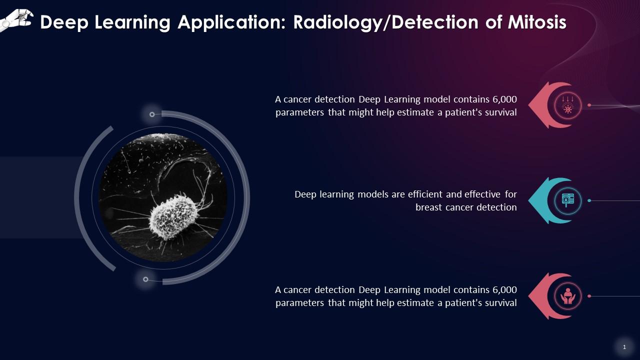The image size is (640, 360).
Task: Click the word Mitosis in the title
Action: pos(537,22)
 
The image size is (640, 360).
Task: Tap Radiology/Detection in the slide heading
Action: pos(385,23)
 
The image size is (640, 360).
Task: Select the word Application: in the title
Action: pos(231,23)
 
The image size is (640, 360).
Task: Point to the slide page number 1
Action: pos(624,347)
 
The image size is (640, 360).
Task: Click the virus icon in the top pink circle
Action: pos(567,105)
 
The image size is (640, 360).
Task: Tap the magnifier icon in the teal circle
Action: pos(567,200)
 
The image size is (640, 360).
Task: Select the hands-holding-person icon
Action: pos(567,296)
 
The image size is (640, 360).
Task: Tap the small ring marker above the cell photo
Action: pos(152,114)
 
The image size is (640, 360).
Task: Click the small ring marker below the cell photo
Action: pos(145,279)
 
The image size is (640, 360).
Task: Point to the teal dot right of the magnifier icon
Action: pos(589,200)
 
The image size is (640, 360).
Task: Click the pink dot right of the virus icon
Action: pos(589,105)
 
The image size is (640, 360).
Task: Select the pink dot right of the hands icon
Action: pos(589,296)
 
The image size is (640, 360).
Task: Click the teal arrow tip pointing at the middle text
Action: pos(529,200)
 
